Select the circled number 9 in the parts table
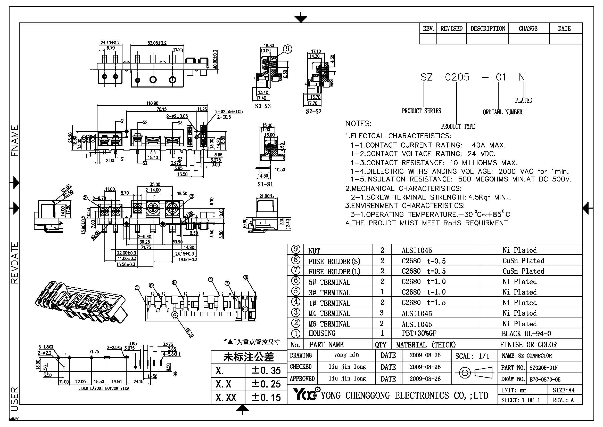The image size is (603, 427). pyautogui.click(x=296, y=249)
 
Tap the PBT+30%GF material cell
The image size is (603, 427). pyautogui.click(x=419, y=333)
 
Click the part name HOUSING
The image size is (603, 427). pyautogui.click(x=322, y=333)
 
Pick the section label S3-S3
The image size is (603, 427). pyautogui.click(x=263, y=106)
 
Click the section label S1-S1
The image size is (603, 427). pyautogui.click(x=265, y=184)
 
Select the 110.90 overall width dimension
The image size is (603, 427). pyautogui.click(x=152, y=103)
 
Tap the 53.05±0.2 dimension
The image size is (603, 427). pyautogui.click(x=157, y=43)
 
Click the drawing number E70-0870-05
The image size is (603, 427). pyautogui.click(x=545, y=379)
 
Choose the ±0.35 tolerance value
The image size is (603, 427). pyautogui.click(x=266, y=370)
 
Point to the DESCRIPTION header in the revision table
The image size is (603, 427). pyautogui.click(x=488, y=28)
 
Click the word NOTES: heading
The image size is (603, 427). pyautogui.click(x=358, y=124)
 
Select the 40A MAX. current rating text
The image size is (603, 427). pyautogui.click(x=489, y=145)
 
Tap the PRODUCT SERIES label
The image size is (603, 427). pyautogui.click(x=421, y=111)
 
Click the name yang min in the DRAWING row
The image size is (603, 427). pyautogui.click(x=346, y=355)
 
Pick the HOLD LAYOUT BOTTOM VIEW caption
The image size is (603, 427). pyautogui.click(x=104, y=388)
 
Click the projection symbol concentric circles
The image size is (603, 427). pyautogui.click(x=465, y=373)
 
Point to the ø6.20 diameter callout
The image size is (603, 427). pyautogui.click(x=189, y=333)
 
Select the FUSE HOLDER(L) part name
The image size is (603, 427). pyautogui.click(x=334, y=272)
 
